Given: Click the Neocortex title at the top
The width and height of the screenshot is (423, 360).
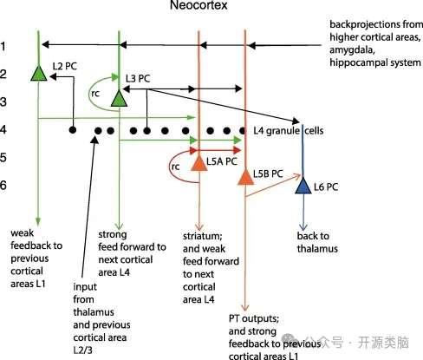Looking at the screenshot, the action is tap(198, 5).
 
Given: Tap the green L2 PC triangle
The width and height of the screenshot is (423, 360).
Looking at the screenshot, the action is tap(39, 74).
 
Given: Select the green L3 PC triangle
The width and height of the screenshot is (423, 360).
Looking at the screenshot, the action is tap(119, 99).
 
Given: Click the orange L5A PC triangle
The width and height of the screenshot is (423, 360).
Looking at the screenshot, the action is tap(199, 163).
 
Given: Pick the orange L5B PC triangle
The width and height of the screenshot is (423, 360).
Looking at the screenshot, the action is tap(245, 177).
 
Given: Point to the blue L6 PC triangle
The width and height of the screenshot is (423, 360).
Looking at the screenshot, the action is tap(303, 186).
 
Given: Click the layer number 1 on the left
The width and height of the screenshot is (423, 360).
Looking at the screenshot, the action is tap(3, 46).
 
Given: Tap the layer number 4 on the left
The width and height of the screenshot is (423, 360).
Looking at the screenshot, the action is tap(3, 129).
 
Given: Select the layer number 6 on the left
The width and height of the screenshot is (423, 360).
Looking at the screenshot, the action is tap(3, 185).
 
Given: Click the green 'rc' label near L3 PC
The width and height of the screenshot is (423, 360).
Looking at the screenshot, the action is tap(95, 94).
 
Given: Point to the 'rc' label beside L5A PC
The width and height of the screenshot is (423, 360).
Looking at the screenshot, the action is tap(175, 167).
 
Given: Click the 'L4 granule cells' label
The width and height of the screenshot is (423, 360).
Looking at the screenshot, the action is tap(289, 131).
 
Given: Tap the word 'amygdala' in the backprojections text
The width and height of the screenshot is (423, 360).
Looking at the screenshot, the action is tap(352, 50).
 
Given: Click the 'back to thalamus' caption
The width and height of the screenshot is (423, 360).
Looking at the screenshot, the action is tap(317, 242).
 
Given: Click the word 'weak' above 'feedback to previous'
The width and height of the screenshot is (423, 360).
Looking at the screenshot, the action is tap(22, 232).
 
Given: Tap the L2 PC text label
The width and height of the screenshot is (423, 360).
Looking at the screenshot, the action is tap(65, 66).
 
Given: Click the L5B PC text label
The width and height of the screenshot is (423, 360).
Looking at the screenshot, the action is tap(268, 173).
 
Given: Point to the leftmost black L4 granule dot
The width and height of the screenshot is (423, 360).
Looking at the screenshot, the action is tap(73, 130).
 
